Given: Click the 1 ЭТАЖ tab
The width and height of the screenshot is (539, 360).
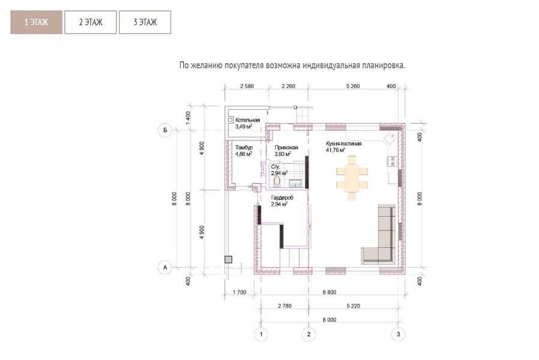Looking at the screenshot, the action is pos(36,22).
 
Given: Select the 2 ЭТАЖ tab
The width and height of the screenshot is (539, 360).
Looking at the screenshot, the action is pos(91,22).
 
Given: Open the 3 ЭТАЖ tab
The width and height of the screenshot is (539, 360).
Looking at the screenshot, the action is pos(145,22).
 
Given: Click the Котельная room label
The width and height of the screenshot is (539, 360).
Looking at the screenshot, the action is pos(247,120).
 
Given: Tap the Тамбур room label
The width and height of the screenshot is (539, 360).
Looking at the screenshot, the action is pos(244,148).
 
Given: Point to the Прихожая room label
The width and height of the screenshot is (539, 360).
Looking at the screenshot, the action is pos(286,148).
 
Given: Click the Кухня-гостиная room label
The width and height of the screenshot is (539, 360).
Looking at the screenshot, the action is pos(344,143).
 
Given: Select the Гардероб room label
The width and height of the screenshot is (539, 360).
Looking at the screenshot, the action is pos(282,197).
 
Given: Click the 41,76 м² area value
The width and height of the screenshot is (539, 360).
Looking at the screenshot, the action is pos(336,150).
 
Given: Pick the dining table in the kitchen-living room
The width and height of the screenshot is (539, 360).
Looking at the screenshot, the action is pos(352,178).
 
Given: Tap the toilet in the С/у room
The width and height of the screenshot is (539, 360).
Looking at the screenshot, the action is pos(277,181).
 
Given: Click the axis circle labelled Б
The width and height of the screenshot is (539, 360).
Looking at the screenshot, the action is pos(165,130).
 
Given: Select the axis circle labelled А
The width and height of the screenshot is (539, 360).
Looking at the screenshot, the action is pos(165,267).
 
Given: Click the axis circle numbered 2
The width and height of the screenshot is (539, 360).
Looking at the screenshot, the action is pos(309,334).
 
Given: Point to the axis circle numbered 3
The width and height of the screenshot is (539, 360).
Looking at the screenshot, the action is pos(399,334).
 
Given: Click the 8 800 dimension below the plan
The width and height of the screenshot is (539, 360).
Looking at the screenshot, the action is pos(330,292).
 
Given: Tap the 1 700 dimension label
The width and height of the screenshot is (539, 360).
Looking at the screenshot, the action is pos(239,292).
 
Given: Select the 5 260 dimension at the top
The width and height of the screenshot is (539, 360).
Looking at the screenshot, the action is pos(353,86).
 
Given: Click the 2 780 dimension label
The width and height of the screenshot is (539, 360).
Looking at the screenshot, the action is pos(285,306).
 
